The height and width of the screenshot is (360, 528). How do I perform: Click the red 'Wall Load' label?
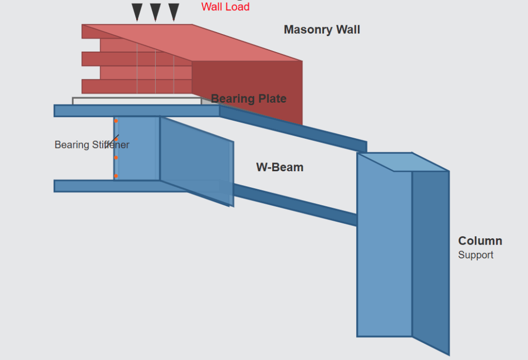point(225,7)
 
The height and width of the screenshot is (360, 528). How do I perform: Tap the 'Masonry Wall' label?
point(322,30)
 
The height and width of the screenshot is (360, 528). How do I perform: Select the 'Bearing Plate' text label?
point(249,99)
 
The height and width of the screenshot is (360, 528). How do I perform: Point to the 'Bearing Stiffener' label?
point(92,145)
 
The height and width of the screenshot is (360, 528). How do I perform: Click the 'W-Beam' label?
point(279,167)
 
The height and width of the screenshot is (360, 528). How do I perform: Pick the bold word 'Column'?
point(480,241)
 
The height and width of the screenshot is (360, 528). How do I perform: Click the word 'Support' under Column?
point(475,255)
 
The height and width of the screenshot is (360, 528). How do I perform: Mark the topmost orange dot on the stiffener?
point(116,121)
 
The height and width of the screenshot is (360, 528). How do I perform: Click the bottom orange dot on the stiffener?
point(116,176)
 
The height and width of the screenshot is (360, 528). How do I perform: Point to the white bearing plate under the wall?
point(137,101)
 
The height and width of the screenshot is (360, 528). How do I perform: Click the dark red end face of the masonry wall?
point(247,83)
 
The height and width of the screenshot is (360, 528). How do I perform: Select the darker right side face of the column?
point(431,258)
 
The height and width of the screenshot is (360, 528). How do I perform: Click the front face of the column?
point(384,248)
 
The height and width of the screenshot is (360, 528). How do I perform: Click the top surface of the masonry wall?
point(196,41)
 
